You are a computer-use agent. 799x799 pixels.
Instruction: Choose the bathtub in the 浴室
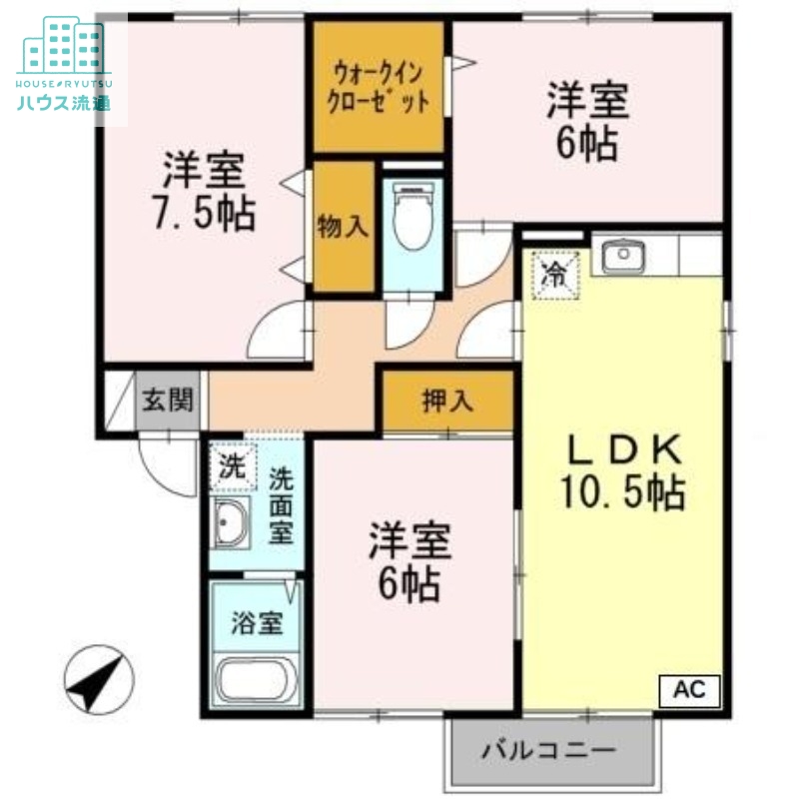pos(255,680)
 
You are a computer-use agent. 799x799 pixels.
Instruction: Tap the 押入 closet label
pos(446,401)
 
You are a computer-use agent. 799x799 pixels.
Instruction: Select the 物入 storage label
pos(343,227)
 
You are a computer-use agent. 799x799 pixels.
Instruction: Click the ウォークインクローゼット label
pos(381,87)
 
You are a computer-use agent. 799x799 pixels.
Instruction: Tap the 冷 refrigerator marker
pos(553,272)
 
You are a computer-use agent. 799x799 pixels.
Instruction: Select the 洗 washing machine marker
pos(232,466)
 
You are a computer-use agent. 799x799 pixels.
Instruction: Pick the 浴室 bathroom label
pos(256,624)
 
